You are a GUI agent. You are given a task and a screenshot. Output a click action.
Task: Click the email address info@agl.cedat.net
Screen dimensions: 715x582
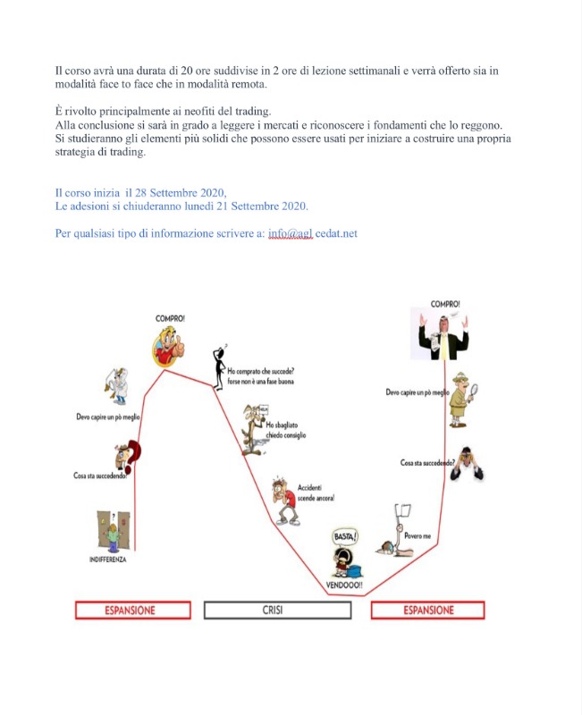point(314,233)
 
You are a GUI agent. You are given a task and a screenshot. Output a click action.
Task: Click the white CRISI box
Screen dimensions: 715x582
point(277,610)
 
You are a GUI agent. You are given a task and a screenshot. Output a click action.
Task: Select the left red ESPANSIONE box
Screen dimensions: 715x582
point(133,610)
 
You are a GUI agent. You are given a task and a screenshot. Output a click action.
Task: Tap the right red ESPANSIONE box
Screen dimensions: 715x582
point(427,610)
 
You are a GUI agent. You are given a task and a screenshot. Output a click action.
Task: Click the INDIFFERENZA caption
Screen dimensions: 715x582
point(108,559)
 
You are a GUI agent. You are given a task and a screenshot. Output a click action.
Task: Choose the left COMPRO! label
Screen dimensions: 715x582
point(171,317)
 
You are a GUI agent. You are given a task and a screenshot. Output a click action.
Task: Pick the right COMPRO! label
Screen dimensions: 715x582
point(445,304)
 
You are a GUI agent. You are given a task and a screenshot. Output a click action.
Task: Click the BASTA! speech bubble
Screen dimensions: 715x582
point(344,536)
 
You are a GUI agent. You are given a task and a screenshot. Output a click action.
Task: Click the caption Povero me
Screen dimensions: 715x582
point(418,535)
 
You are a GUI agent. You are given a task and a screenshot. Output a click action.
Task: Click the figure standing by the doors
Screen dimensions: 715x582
point(113,532)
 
